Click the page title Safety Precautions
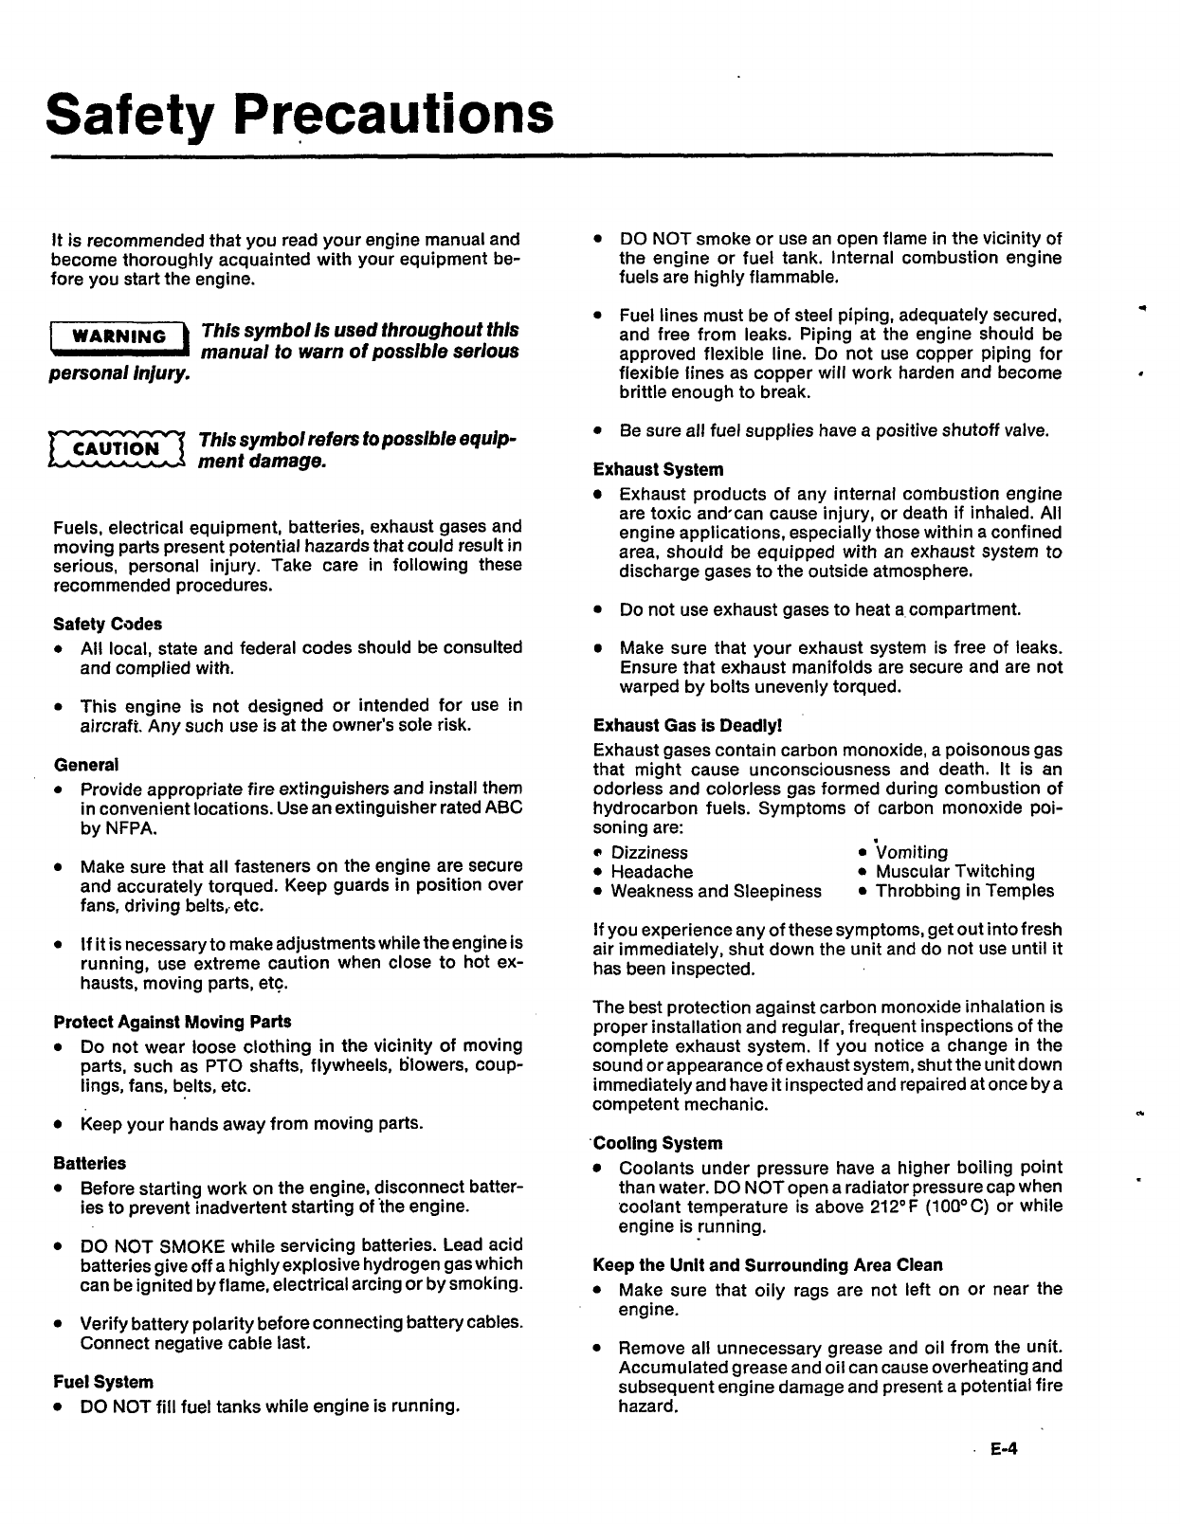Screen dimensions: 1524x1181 point(300,115)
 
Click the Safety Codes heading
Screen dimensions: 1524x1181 point(108,624)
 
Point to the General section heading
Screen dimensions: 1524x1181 point(86,765)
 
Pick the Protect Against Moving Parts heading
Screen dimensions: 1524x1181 point(173,1022)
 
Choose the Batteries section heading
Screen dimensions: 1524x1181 point(90,1163)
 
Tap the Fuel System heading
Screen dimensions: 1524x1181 point(103,1382)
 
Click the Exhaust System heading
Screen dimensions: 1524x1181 point(658,469)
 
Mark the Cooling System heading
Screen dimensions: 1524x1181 point(658,1143)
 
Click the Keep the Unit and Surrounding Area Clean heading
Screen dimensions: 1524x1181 point(768,1265)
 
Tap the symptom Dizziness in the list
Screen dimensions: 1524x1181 point(649,853)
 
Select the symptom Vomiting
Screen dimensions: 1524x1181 point(911,853)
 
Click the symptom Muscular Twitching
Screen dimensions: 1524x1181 point(954,872)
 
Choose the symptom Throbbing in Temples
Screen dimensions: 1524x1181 point(964,891)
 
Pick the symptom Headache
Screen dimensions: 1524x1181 point(651,872)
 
